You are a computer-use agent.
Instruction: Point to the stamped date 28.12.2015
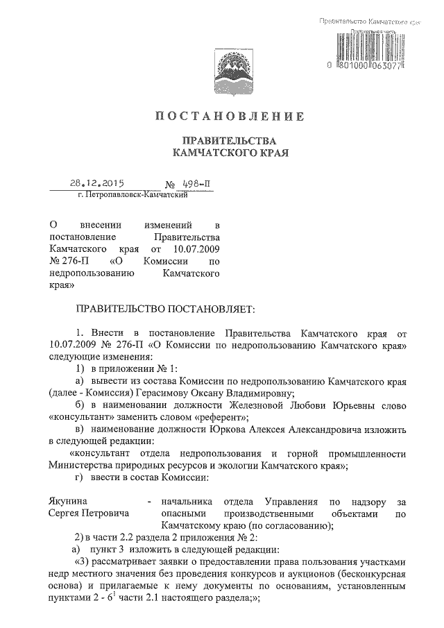tap(96, 185)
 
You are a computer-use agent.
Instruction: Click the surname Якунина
tap(71, 500)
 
